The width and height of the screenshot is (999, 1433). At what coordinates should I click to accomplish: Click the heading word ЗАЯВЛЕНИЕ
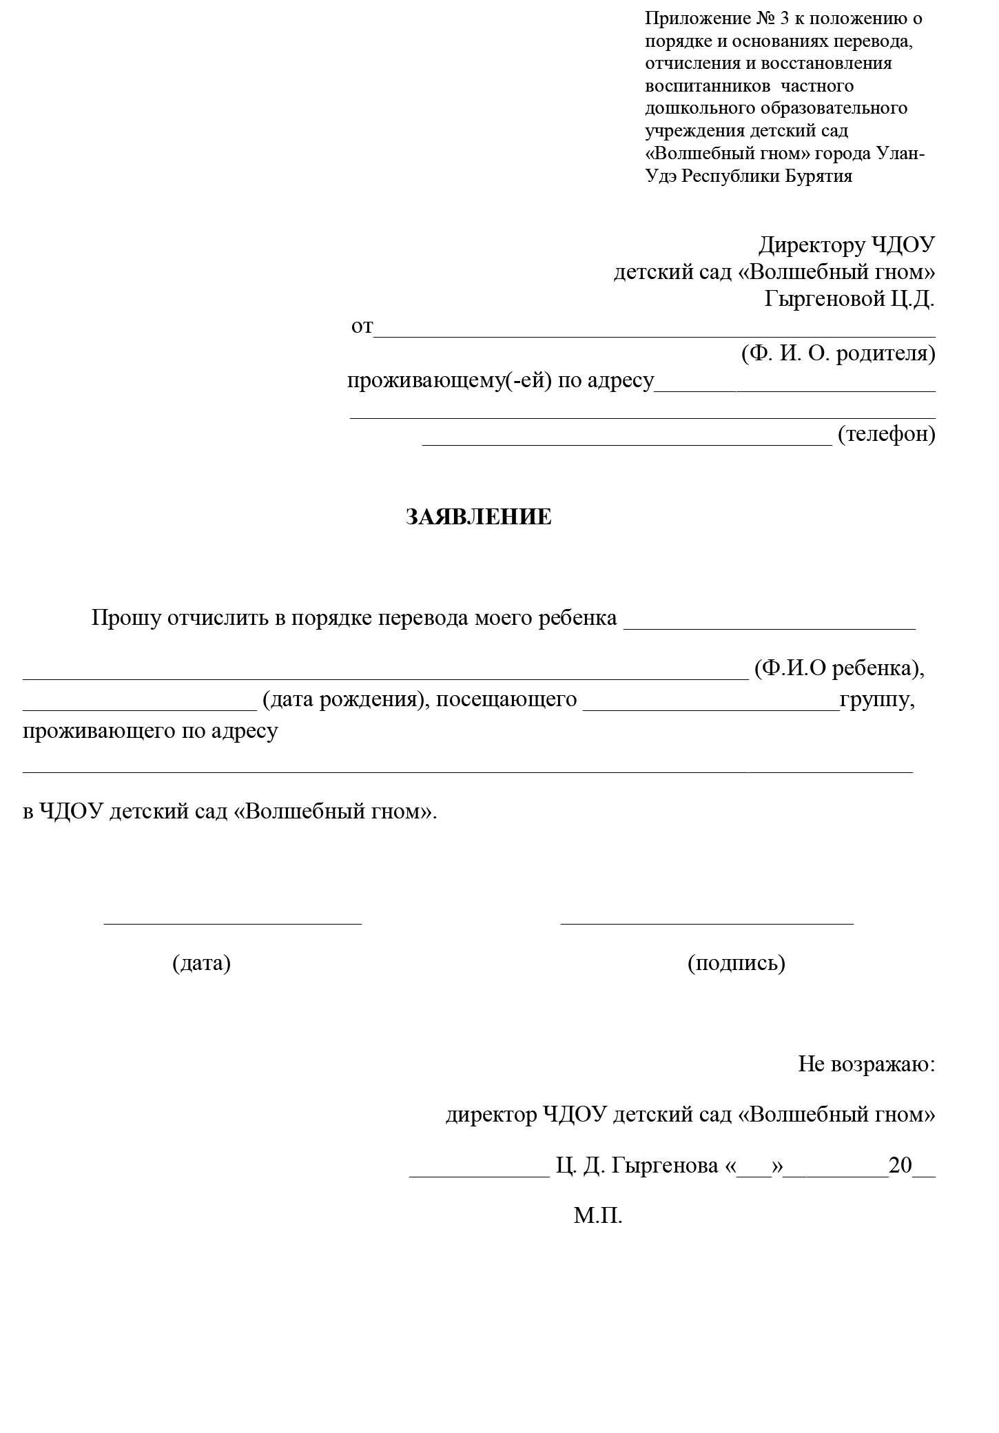tap(478, 517)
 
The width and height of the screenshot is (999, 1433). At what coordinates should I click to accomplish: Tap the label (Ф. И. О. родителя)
tap(838, 353)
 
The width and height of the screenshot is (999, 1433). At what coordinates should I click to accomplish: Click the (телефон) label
tap(886, 434)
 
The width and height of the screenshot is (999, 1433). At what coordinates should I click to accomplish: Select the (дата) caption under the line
tap(201, 962)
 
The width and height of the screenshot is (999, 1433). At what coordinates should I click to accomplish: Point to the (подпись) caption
tap(736, 962)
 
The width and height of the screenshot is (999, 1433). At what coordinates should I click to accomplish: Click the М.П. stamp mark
tap(597, 1215)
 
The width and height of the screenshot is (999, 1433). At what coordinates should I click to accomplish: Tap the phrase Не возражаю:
tap(866, 1064)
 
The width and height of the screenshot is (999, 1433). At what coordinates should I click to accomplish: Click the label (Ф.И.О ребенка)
tap(838, 668)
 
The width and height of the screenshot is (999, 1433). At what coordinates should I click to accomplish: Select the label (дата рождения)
tap(342, 699)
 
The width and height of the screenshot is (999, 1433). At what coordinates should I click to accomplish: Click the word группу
tap(876, 699)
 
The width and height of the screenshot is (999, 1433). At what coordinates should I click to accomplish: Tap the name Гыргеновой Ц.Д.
tap(849, 299)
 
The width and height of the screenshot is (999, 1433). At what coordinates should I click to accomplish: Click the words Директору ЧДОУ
tap(847, 245)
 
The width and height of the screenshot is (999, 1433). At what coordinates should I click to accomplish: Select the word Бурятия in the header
tap(818, 176)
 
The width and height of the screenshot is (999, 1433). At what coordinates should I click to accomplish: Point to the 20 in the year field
tap(900, 1165)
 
